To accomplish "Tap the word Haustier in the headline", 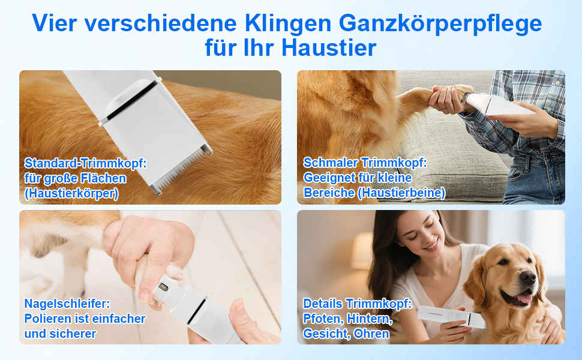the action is pyautogui.click(x=329, y=48).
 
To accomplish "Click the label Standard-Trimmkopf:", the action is pyautogui.click(x=86, y=163).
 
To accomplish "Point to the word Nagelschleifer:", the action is pyautogui.click(x=67, y=304).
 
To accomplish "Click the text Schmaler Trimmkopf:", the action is pyautogui.click(x=365, y=163).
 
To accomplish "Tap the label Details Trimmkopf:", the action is pyautogui.click(x=358, y=304).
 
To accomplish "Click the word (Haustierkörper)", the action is pyautogui.click(x=71, y=193).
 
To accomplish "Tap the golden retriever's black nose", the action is pyautogui.click(x=527, y=277).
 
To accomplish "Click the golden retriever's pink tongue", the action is pyautogui.click(x=524, y=298).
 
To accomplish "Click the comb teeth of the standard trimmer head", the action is pyautogui.click(x=181, y=169).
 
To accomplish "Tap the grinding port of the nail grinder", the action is pyautogui.click(x=163, y=287).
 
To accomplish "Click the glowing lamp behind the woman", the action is pyautogui.click(x=362, y=251).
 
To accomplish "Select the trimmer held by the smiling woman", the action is pyautogui.click(x=452, y=317).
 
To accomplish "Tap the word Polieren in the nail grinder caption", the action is pyautogui.click(x=46, y=319).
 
